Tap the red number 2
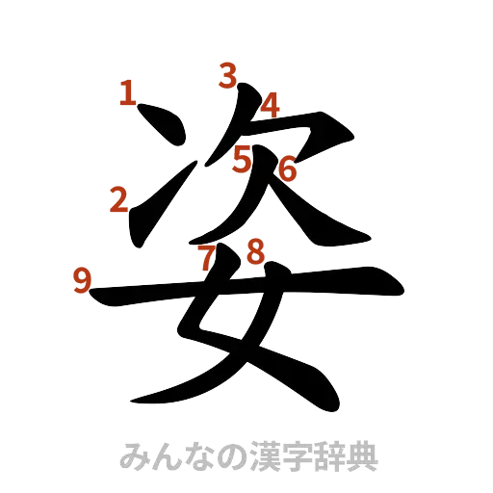click(x=119, y=200)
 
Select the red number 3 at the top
click(x=227, y=75)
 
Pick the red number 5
click(x=242, y=157)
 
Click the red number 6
click(x=287, y=170)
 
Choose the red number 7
click(x=207, y=257)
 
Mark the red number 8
click(x=255, y=252)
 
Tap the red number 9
click(x=83, y=280)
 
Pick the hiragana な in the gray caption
click(x=196, y=455)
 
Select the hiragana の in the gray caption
click(x=229, y=455)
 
